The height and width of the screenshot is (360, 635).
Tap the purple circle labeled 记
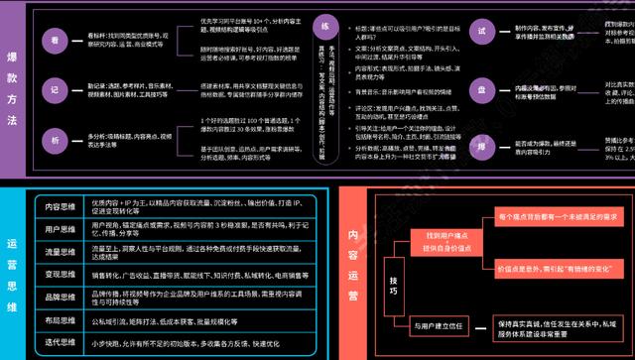57,86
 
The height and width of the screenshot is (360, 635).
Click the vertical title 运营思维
13,269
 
